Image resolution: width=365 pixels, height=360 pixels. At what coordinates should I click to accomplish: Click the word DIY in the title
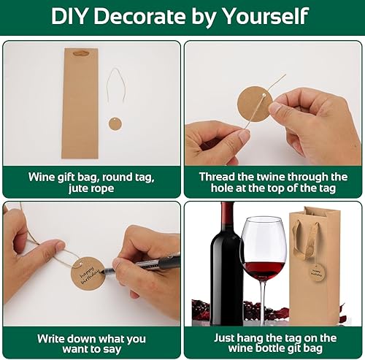(69, 16)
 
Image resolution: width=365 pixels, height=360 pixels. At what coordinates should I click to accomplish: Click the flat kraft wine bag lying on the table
(80, 103)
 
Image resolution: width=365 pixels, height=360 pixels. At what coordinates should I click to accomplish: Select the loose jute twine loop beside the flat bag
(116, 85)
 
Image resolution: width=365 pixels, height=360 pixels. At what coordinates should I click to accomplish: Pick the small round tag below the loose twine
(115, 123)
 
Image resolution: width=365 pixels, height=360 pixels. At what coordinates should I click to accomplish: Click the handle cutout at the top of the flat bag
(81, 53)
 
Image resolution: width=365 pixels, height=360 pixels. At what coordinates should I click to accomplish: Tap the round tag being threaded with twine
(254, 103)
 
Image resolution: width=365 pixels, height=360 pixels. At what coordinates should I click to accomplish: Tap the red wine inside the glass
(264, 269)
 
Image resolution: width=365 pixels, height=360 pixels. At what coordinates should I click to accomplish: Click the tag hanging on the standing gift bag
(318, 273)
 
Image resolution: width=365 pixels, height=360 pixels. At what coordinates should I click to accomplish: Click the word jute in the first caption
(77, 188)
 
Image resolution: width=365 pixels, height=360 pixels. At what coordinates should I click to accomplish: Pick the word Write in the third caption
(50, 339)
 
